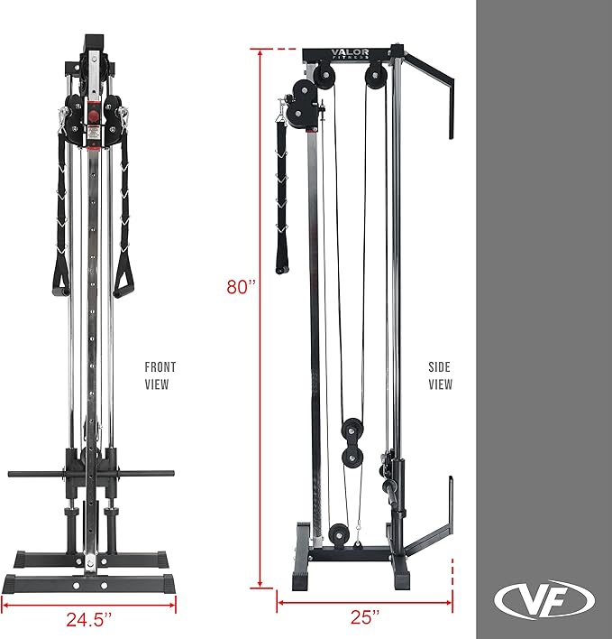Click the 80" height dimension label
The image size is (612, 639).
[x=241, y=287]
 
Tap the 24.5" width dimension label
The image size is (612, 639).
[x=88, y=619]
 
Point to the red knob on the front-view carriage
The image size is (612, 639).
[x=93, y=116]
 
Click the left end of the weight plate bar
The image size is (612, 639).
[x=14, y=473]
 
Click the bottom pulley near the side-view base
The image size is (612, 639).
[x=338, y=534]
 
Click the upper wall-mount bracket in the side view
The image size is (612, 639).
[x=431, y=90]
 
